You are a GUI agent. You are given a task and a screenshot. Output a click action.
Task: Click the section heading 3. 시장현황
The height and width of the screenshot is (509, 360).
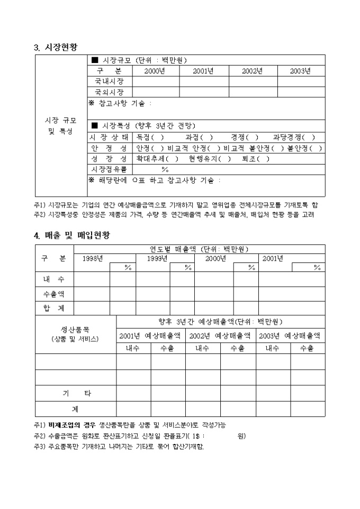point(56,47)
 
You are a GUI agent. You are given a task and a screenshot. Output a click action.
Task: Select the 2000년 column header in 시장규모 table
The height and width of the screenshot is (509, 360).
point(155,71)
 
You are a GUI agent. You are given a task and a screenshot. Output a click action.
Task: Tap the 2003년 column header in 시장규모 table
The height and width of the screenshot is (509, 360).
point(301,71)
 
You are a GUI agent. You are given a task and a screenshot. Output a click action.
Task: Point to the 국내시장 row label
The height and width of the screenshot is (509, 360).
point(109,81)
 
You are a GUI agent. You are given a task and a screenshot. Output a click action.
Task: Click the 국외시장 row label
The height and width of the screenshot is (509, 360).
point(109,92)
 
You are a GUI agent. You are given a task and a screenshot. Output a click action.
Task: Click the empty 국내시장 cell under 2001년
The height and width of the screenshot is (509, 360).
point(203,81)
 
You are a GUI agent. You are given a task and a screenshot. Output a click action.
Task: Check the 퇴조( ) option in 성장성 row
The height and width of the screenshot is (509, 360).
point(256,159)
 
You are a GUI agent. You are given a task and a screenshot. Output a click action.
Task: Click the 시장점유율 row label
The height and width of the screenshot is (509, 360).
point(109,169)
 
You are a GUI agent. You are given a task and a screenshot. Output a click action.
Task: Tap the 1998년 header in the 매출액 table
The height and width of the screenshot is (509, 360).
point(93,258)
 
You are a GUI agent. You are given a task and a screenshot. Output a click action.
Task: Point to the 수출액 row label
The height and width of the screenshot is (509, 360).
point(54,294)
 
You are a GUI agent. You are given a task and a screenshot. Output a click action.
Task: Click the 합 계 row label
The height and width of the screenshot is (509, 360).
point(54,308)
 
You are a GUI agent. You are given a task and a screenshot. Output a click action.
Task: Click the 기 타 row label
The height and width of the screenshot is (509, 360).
point(76,393)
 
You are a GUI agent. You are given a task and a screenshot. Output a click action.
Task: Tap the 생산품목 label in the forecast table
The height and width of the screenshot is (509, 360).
point(75,330)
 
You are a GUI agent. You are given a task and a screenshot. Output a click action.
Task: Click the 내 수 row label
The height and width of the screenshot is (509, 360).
point(54,279)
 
